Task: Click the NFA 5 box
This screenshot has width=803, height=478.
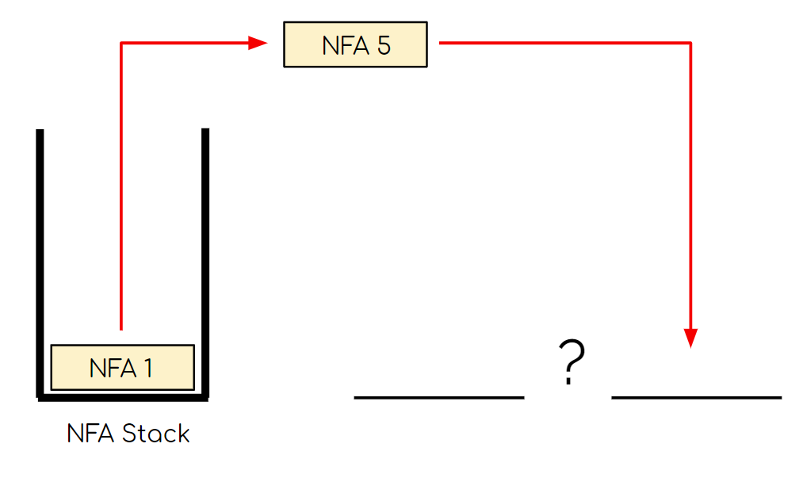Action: click(x=355, y=44)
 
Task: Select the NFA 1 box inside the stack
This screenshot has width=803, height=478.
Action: click(x=122, y=368)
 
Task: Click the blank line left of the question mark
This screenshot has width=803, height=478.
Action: click(x=439, y=396)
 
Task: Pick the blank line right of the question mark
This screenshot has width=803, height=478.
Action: click(x=696, y=396)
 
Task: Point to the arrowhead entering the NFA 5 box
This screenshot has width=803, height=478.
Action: click(x=258, y=43)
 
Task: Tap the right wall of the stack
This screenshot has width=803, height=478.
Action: click(x=205, y=262)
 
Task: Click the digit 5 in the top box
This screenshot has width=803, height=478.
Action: click(x=384, y=45)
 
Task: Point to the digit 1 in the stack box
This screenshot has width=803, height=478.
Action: click(x=147, y=369)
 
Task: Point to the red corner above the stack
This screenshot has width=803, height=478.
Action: click(x=121, y=43)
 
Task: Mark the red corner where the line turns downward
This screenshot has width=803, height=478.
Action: click(x=690, y=43)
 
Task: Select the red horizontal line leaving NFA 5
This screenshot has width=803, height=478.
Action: click(x=563, y=43)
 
